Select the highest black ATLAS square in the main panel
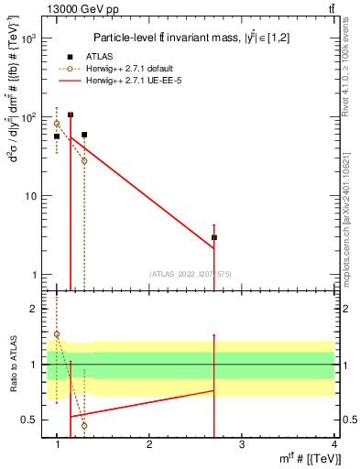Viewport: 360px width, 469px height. [71, 115]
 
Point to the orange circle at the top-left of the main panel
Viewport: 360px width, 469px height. [57, 124]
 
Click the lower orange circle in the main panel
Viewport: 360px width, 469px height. [84, 160]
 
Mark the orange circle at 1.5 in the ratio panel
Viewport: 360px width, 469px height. [57, 334]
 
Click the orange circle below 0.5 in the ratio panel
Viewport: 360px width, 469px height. [84, 425]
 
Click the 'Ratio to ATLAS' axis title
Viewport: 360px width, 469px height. [11, 364]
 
